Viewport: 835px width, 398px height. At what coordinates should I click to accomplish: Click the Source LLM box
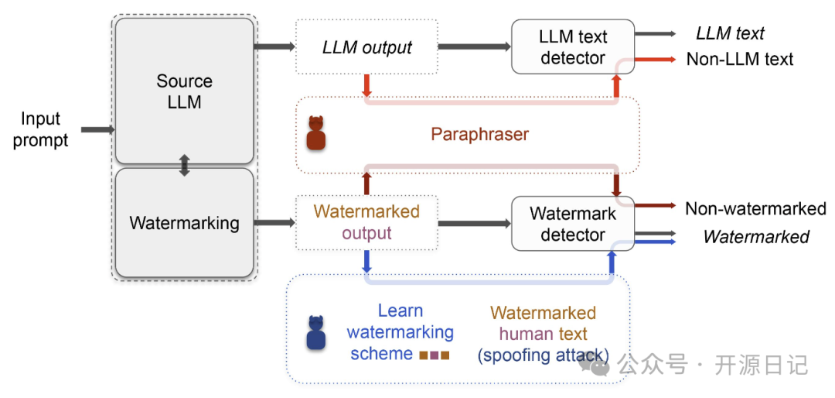[184, 91]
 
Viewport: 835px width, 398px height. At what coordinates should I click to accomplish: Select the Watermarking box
[184, 222]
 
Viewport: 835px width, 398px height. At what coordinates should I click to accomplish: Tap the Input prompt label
[41, 129]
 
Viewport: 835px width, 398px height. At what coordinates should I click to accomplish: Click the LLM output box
[366, 47]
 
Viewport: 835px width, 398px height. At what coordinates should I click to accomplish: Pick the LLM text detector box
[573, 46]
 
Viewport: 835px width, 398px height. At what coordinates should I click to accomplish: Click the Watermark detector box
[573, 224]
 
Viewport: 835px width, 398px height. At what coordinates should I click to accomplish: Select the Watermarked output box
[366, 223]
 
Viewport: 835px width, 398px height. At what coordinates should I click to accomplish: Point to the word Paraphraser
[479, 135]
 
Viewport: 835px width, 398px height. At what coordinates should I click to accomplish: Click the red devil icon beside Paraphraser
[315, 133]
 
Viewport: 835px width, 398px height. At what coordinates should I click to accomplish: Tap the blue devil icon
[315, 333]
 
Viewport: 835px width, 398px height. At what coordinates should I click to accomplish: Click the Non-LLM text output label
[740, 59]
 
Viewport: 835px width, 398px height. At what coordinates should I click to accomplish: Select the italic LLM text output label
[730, 33]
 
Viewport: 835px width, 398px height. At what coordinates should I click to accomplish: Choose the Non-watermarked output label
[755, 208]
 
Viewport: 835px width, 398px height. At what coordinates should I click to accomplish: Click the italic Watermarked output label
[756, 236]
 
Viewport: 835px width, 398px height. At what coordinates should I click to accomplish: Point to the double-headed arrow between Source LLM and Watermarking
[184, 166]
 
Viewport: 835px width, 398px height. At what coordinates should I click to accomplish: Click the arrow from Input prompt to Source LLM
[98, 129]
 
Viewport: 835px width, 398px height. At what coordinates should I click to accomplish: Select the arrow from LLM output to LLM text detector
[475, 47]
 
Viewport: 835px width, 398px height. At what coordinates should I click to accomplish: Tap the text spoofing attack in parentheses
[544, 355]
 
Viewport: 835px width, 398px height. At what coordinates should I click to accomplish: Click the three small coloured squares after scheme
[435, 355]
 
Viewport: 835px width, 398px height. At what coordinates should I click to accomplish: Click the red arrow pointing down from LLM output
[366, 85]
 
